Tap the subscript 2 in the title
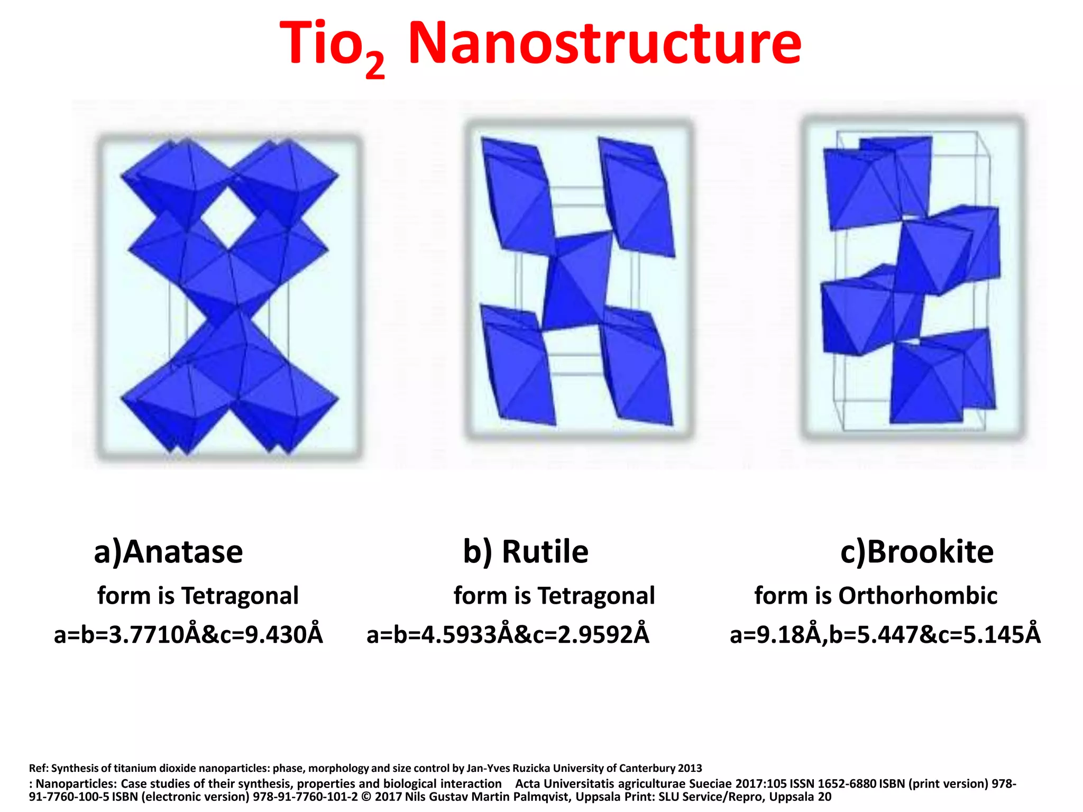(x=374, y=67)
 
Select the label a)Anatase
(x=168, y=552)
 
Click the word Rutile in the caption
(x=545, y=552)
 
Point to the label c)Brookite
(x=916, y=552)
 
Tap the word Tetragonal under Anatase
(x=240, y=596)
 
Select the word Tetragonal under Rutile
(x=596, y=596)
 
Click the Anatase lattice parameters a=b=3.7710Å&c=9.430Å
(x=188, y=635)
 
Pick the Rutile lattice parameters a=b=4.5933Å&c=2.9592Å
(x=508, y=635)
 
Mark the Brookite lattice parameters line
(x=885, y=635)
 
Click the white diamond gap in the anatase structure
(x=228, y=218)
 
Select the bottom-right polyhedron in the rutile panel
(x=635, y=370)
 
